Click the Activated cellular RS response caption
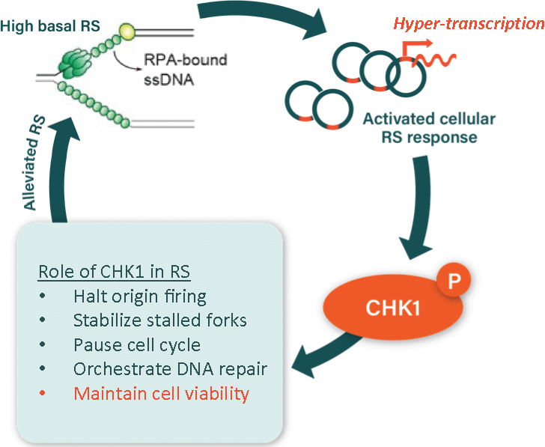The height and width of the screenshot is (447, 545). pos(429,128)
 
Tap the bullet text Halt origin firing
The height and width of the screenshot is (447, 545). pos(139,296)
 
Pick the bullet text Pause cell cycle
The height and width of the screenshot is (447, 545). pos(136,344)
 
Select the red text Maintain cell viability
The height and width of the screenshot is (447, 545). pos(161,393)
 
